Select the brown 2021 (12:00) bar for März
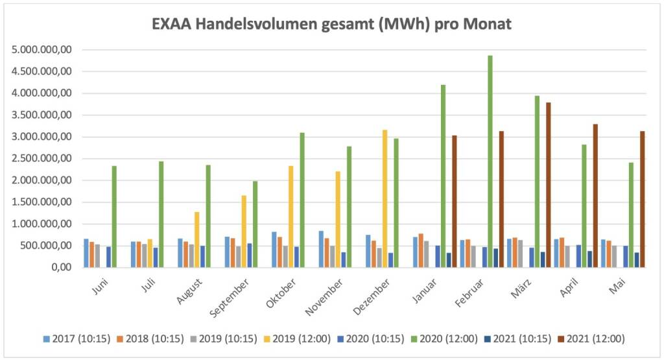pyautogui.click(x=548, y=185)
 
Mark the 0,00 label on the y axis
pyautogui.click(x=62, y=267)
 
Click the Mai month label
pyautogui.click(x=617, y=285)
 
